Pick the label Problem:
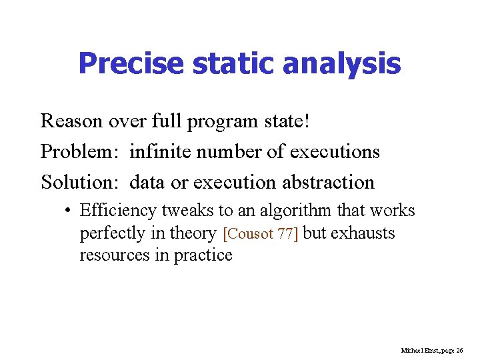pyautogui.click(x=80, y=152)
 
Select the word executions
pyautogui.click(x=335, y=152)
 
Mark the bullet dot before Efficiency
pyautogui.click(x=69, y=211)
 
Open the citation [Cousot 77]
pyautogui.click(x=261, y=234)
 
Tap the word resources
pyautogui.click(x=116, y=255)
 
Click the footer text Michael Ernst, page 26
pyautogui.click(x=432, y=350)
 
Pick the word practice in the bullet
pyautogui.click(x=203, y=255)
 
